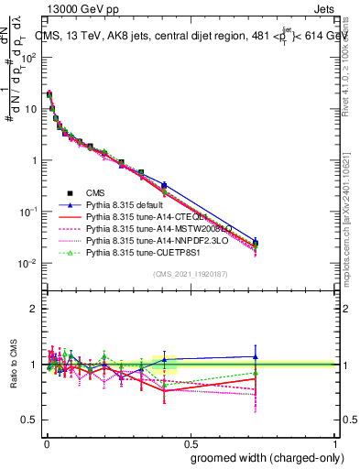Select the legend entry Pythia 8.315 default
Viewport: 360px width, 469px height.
[x=138, y=204]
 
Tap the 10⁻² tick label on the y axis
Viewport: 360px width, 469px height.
[x=29, y=264]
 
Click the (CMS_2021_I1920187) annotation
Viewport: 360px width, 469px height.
[x=191, y=274]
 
